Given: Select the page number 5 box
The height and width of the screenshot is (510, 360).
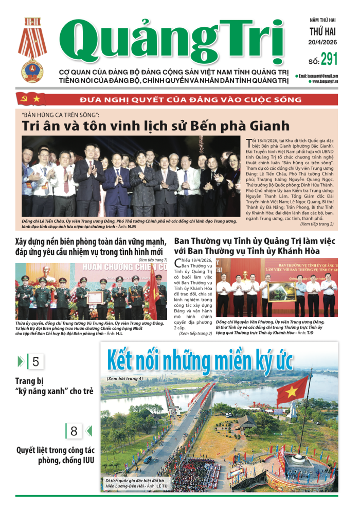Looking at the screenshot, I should pos(35,361).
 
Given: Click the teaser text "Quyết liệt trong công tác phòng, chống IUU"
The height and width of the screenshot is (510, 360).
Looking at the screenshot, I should pos(50,457).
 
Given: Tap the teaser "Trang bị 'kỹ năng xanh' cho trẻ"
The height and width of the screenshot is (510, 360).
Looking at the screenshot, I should pos(55,386).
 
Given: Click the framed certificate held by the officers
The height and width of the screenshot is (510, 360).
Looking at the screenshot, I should pos(94,298).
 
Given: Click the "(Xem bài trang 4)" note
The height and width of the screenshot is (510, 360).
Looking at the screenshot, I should pos(125,378).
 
